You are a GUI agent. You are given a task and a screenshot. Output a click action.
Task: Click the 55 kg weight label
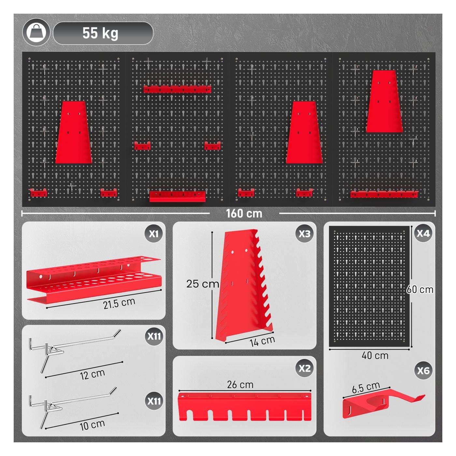[x=100, y=33]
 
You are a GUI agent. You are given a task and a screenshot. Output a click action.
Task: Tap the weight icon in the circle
[x=36, y=33]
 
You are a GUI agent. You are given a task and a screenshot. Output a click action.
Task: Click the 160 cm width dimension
[x=244, y=213]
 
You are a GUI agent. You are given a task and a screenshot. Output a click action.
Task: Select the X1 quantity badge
[x=154, y=234]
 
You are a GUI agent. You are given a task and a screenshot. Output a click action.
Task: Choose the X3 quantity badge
[x=304, y=234]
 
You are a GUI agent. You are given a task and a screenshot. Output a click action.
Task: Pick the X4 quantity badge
[x=423, y=234]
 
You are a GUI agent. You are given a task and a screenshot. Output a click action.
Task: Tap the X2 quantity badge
[x=304, y=368]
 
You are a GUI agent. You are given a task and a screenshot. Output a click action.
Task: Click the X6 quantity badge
[x=423, y=371]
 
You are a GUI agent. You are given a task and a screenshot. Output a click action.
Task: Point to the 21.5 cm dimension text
[x=119, y=303]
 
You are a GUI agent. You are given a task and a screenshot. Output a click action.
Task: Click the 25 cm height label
[x=203, y=284]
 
